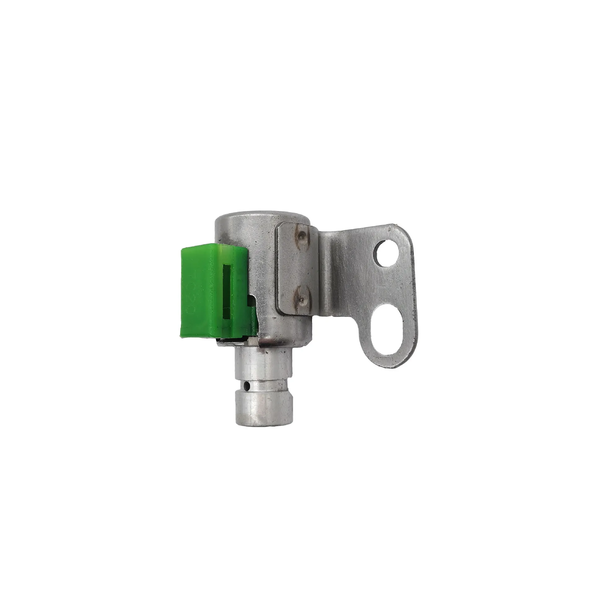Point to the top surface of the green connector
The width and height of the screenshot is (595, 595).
[x=214, y=246]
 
